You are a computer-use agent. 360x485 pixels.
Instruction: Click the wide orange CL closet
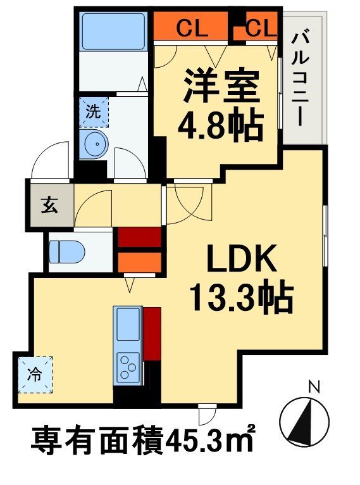tap(191, 28)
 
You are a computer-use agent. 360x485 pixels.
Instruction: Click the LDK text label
tap(240, 260)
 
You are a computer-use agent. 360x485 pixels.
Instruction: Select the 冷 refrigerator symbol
tap(35, 374)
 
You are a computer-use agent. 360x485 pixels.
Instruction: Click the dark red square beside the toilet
tap(139, 238)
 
